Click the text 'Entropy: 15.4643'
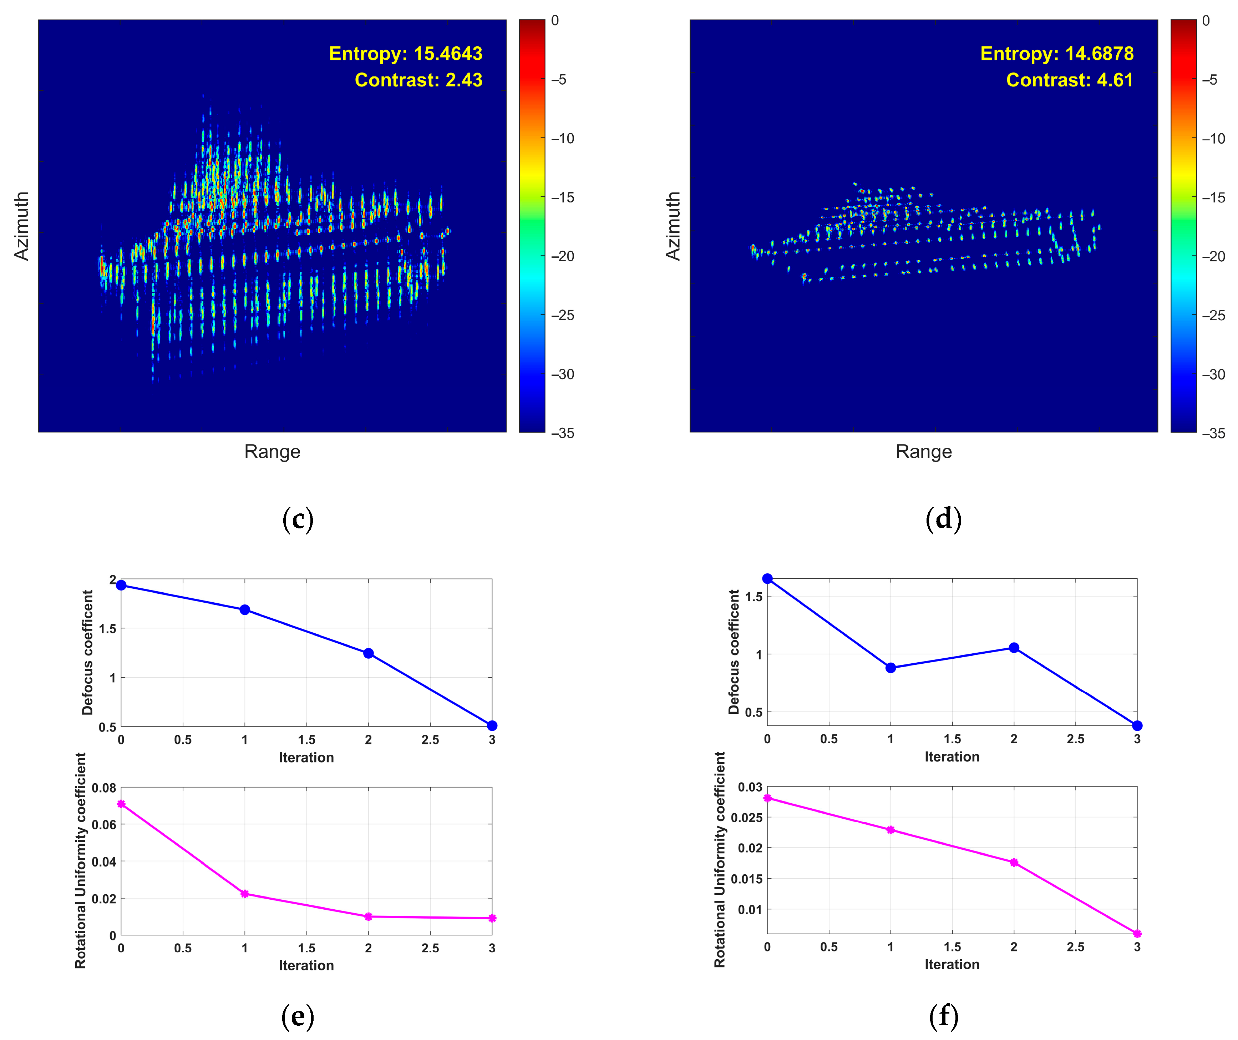pos(406,54)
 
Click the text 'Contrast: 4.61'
pos(1069,80)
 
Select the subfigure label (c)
pos(298,519)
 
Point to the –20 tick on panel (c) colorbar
pos(563,256)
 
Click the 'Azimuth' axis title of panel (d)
pos(673,226)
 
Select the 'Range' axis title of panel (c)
pos(272,452)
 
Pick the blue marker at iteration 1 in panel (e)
pos(245,609)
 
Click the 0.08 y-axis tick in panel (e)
pos(104,788)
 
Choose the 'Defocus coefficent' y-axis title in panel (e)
pos(88,652)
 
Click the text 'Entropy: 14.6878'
pos(1057,54)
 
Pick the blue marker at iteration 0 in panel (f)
pos(767,579)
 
